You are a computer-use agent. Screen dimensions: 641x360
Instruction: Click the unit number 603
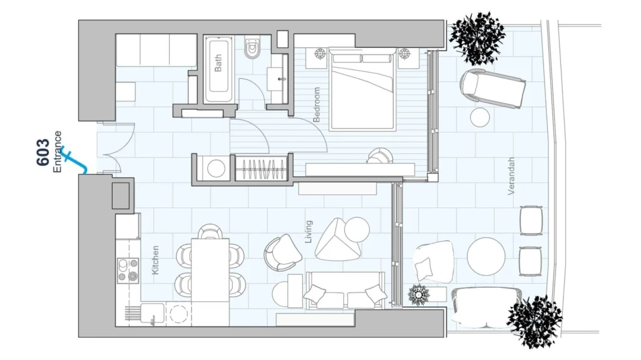pos(43,152)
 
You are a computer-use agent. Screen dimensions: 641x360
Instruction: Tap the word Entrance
pos(57,152)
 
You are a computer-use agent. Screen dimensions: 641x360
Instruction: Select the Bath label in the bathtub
pos(218,63)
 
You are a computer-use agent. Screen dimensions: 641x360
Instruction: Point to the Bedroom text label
pos(316,105)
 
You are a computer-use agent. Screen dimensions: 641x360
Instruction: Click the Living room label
pos(309,232)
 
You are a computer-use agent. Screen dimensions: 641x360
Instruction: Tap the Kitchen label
pos(155,260)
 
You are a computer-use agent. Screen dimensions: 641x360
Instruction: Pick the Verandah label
pos(511,176)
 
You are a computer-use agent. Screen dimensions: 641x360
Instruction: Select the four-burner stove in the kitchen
pos(128,270)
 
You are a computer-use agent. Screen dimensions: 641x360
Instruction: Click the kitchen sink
pos(153,314)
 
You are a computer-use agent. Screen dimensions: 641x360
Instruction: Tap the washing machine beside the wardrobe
pos(215,168)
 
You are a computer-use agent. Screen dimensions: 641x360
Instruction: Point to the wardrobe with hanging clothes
pos(262,168)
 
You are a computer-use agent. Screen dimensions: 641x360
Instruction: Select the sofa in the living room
pos(346,291)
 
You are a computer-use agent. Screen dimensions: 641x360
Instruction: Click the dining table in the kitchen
pos(210,270)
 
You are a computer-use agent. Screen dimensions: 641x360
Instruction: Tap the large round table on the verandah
pos(486,257)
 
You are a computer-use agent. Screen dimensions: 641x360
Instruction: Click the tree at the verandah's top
pos(476,38)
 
